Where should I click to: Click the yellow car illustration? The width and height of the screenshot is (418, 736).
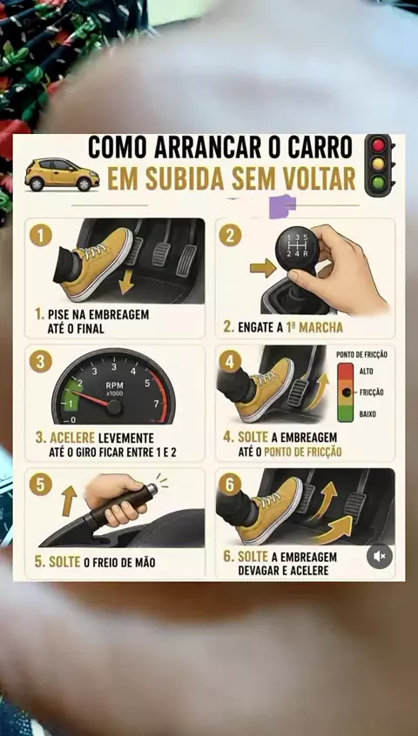click(x=62, y=174)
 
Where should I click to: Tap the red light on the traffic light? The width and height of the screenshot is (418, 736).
click(x=378, y=145)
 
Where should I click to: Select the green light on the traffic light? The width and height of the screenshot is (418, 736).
click(x=378, y=182)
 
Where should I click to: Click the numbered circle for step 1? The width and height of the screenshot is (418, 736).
click(x=41, y=235)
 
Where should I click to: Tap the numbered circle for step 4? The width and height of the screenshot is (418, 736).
click(x=230, y=362)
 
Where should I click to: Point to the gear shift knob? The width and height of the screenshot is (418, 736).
click(x=296, y=248)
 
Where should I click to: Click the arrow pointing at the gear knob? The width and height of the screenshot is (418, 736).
click(x=263, y=268)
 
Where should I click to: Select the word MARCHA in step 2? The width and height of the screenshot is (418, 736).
click(x=320, y=328)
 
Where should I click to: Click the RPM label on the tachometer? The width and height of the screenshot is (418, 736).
click(x=114, y=385)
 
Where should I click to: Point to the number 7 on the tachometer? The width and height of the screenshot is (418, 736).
click(x=157, y=404)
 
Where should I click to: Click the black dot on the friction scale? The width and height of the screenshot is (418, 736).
click(x=347, y=392)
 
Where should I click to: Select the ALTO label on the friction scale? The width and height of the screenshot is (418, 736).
click(x=367, y=371)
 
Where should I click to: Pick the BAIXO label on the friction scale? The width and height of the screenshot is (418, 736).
click(x=367, y=414)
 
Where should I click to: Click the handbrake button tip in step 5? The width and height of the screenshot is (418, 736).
click(x=152, y=490)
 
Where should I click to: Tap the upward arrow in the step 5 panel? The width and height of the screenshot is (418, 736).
click(x=69, y=501)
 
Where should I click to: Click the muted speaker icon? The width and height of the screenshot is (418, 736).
click(x=380, y=557)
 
